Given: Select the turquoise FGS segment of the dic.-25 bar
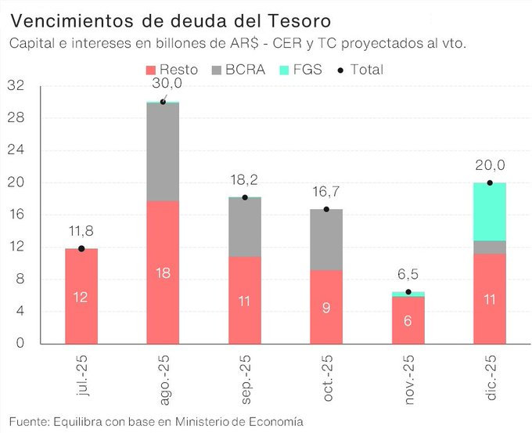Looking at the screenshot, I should pyautogui.click(x=490, y=211).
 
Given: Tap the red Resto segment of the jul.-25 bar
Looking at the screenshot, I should pyautogui.click(x=81, y=296).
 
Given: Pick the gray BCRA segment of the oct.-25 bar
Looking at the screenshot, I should pyautogui.click(x=326, y=239).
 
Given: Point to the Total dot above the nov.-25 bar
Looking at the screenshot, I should pyautogui.click(x=408, y=292).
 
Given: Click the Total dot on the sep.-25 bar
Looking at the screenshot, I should pyautogui.click(x=245, y=197).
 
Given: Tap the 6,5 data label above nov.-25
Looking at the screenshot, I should pyautogui.click(x=408, y=275).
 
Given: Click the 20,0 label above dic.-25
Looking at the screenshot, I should pyautogui.click(x=490, y=166).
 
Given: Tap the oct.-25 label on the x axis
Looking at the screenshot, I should pyautogui.click(x=328, y=379).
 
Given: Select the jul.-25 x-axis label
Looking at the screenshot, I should pyautogui.click(x=82, y=379).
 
